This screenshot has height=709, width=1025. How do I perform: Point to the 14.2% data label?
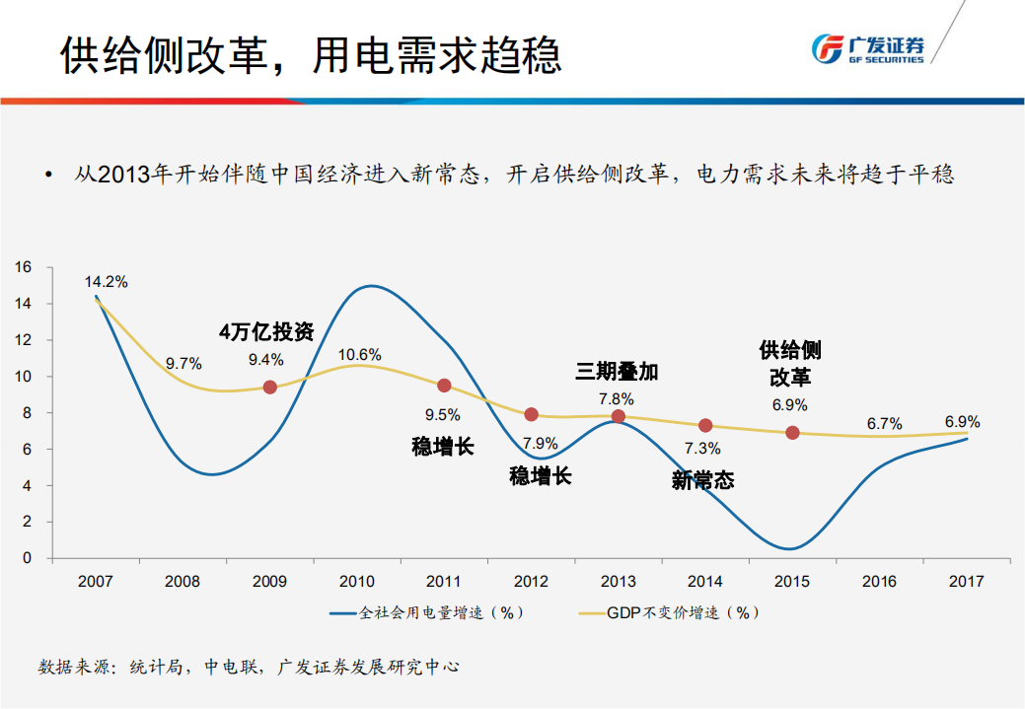(x=106, y=282)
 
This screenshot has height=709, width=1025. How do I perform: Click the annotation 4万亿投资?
(x=266, y=331)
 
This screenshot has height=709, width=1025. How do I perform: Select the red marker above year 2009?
(x=269, y=388)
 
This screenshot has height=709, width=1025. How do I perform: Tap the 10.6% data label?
(x=359, y=355)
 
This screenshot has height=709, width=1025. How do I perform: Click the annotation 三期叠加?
(x=617, y=372)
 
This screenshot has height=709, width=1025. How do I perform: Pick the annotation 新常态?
(x=702, y=480)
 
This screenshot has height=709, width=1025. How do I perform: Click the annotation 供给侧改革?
(x=789, y=363)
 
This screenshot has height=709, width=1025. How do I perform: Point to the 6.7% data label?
(x=884, y=424)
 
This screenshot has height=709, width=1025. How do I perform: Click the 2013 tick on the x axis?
(x=619, y=582)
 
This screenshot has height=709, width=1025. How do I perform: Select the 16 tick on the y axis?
(x=24, y=267)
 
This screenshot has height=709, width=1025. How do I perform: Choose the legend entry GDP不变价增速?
(x=671, y=612)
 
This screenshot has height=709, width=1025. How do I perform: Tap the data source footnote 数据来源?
(x=249, y=668)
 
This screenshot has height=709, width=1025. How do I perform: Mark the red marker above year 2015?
(x=792, y=433)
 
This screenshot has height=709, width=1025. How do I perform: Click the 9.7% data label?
(x=183, y=364)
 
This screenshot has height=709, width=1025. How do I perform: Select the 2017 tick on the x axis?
(x=966, y=582)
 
